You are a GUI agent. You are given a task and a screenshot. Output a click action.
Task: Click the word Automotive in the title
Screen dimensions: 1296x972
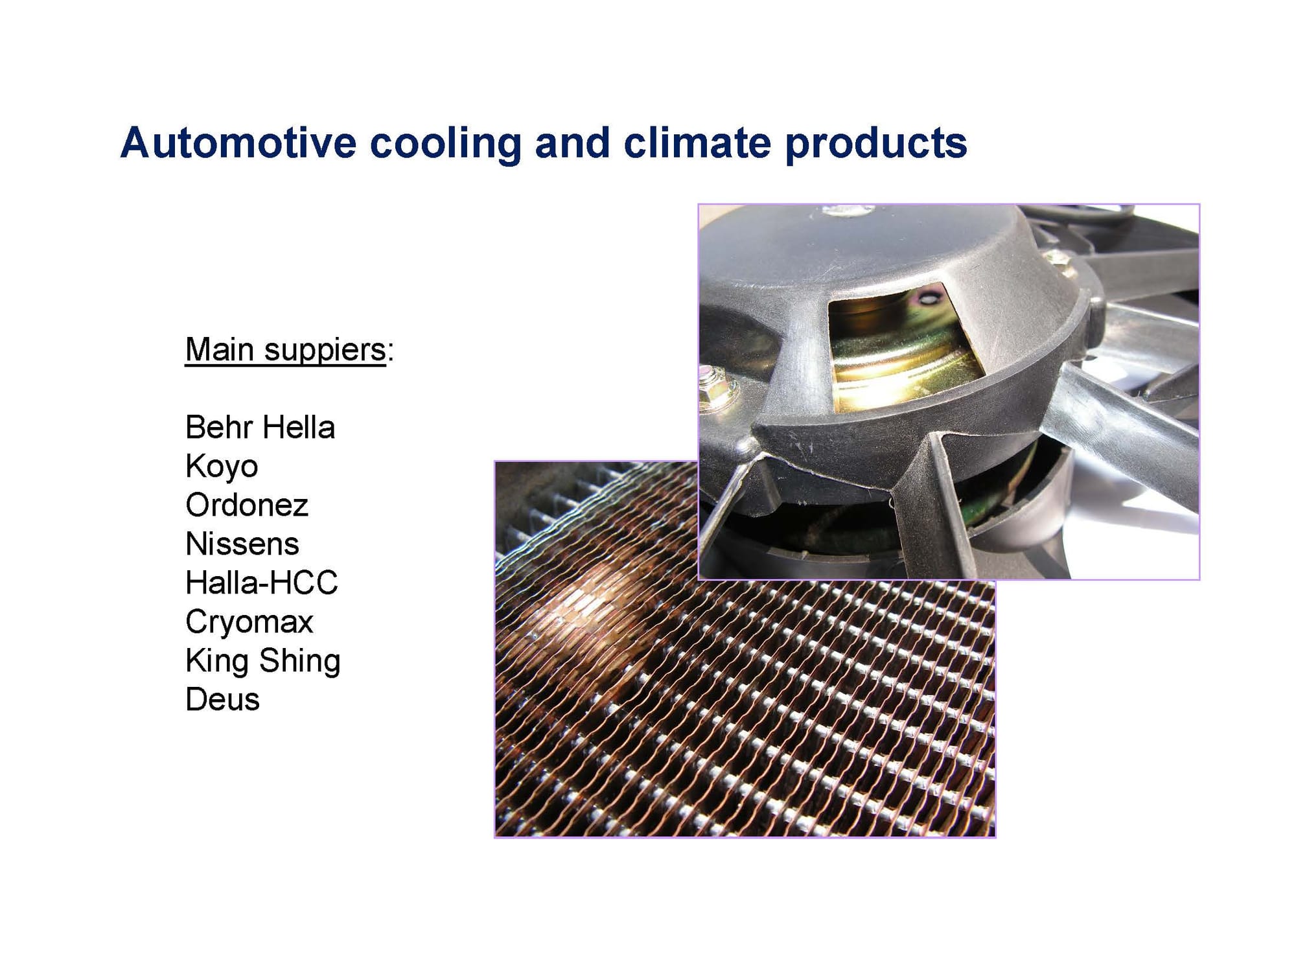point(238,143)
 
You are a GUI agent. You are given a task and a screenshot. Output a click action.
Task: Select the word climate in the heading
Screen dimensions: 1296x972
point(697,143)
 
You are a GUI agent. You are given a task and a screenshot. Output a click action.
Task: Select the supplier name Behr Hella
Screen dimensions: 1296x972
point(260,428)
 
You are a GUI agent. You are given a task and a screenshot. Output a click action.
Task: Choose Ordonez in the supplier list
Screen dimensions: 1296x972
point(247,505)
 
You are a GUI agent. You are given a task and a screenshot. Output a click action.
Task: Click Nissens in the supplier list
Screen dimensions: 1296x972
point(242,544)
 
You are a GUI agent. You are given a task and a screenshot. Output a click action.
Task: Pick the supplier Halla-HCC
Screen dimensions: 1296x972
point(262,583)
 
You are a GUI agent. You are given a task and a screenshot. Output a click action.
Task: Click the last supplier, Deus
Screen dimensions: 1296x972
point(222,700)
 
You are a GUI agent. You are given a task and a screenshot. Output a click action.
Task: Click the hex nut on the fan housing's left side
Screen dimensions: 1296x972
point(715,384)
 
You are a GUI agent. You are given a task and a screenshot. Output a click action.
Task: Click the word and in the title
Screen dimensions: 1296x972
point(572,143)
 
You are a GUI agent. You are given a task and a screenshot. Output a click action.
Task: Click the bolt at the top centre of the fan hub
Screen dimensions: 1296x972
point(847,210)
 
